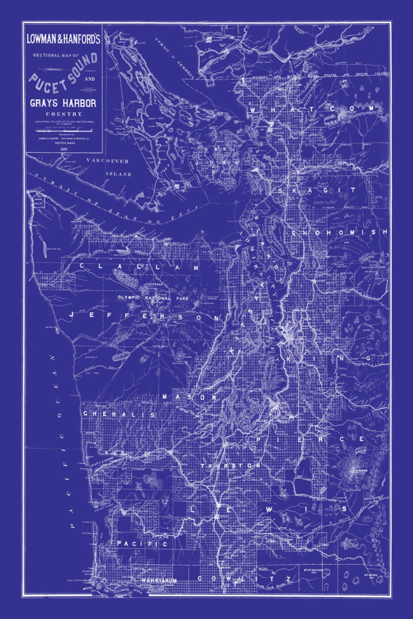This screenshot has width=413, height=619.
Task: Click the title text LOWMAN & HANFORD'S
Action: (x=63, y=39)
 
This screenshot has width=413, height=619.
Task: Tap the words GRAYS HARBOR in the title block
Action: (x=63, y=103)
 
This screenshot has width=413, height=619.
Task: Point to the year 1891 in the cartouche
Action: (x=63, y=148)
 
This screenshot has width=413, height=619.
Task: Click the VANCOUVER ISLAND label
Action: (x=108, y=167)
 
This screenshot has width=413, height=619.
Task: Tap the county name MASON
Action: (x=189, y=397)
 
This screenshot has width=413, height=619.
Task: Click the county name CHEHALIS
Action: (x=120, y=414)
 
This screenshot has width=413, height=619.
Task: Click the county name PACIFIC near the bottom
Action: (x=142, y=544)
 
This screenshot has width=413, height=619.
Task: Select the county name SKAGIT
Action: (x=317, y=190)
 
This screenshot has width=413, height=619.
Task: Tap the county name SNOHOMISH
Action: (x=339, y=233)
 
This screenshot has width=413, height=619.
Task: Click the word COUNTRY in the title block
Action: (x=63, y=114)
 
